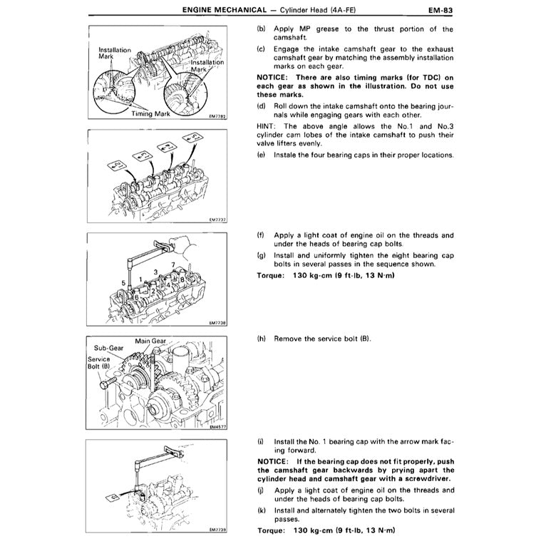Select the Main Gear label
[x=151, y=341]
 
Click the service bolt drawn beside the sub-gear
[x=110, y=385]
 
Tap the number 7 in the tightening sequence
[x=172, y=264]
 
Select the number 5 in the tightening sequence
[x=123, y=283]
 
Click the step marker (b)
[x=261, y=29]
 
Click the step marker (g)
[x=261, y=254]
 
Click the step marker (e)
[x=261, y=155]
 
